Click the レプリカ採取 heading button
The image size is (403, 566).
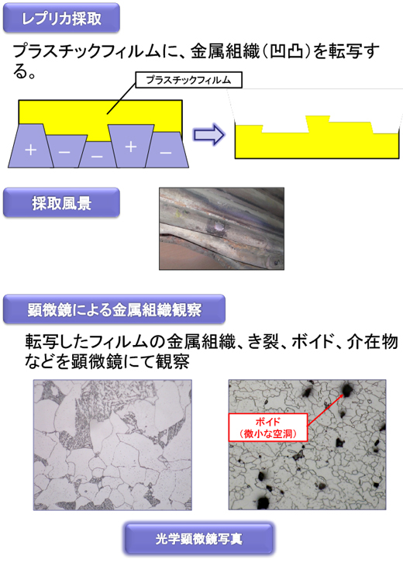(x=61, y=18)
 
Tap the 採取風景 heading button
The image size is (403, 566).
(x=61, y=202)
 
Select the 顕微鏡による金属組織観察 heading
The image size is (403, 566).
(x=114, y=309)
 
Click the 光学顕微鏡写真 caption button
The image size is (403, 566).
(x=199, y=538)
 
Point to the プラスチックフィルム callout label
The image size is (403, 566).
(x=188, y=80)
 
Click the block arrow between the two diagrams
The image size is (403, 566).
(x=209, y=134)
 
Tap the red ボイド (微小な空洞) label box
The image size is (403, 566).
(x=267, y=427)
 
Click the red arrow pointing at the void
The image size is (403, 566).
(x=325, y=409)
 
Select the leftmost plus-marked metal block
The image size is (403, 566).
(x=31, y=146)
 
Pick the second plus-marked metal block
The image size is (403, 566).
(x=131, y=146)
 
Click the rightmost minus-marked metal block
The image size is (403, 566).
(x=167, y=150)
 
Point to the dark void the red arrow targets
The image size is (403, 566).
(x=347, y=389)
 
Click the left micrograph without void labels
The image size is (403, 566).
(x=112, y=445)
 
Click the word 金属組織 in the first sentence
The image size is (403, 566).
(x=225, y=51)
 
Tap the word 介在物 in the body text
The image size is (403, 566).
(x=372, y=341)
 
